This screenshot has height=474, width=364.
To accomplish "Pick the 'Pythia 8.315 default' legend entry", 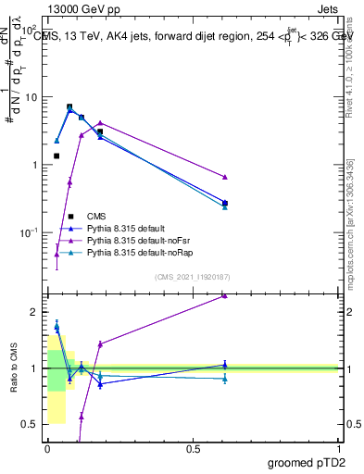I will click(x=130, y=228).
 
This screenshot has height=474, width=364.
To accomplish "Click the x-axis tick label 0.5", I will click(x=193, y=449).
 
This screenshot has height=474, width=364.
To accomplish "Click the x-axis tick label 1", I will click(x=339, y=449).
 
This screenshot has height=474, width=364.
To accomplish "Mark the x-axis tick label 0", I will click(x=47, y=449).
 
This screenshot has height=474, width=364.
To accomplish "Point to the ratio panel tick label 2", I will click(x=32, y=312).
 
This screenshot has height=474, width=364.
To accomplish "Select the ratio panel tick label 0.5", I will click(x=29, y=425).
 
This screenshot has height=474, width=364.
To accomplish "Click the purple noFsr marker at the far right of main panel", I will click(x=225, y=177).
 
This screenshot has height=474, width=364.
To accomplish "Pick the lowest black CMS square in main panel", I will click(x=56, y=156).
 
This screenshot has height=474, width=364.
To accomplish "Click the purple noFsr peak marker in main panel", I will click(x=100, y=122).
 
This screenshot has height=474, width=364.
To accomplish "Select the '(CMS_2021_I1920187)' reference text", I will click(x=193, y=277).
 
